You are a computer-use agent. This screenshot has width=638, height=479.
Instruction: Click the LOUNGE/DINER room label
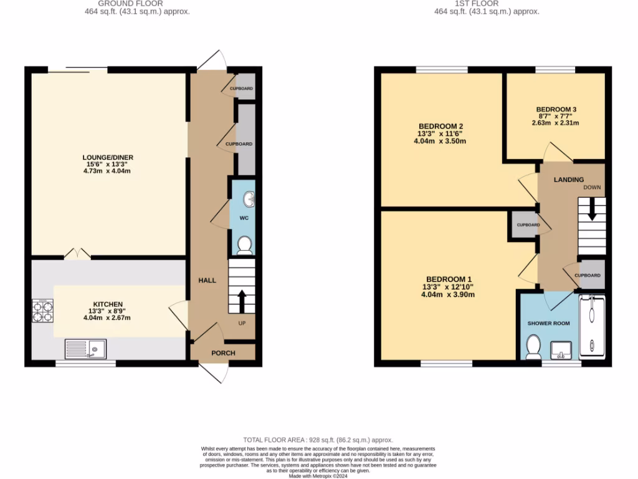[108, 157]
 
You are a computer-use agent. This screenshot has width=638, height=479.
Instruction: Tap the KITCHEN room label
[108, 304]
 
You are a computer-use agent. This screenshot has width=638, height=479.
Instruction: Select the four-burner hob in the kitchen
[43, 311]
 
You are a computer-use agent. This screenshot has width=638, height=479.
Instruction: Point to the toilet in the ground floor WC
[244, 246]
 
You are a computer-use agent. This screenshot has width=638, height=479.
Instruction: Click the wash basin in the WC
[249, 200]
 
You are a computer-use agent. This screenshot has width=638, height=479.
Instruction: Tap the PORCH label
[223, 353]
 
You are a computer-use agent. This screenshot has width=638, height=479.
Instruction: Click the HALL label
[207, 281]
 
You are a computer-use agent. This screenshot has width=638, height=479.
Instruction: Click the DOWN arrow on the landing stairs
[591, 209]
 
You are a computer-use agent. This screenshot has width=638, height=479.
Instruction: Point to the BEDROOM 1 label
[449, 279]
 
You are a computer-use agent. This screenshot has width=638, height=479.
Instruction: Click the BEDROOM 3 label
[556, 109]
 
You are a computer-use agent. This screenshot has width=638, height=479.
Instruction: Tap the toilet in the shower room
[533, 347]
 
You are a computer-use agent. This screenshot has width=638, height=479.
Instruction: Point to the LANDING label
[568, 180]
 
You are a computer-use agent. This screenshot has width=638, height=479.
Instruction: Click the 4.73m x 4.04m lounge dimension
[108, 171]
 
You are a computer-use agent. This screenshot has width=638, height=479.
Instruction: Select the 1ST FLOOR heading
[486, 3]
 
